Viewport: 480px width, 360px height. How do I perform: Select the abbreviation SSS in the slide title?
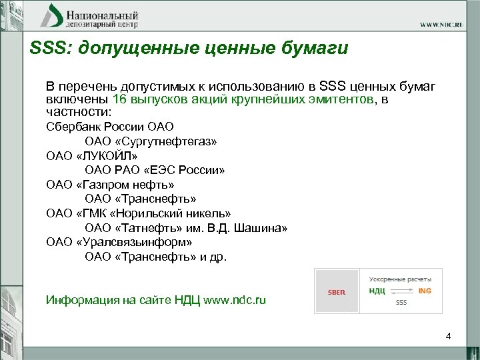pos(47,48)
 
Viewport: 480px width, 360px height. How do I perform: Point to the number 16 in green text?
pos(120,99)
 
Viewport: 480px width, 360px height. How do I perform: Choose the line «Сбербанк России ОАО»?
pos(100,126)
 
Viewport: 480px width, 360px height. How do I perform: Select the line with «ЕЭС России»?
pos(155,170)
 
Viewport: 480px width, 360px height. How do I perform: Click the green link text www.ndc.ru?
pos(234,300)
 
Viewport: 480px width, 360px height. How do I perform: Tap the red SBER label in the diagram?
pos(336,291)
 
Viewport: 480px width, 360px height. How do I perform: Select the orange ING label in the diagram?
pos(425,291)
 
